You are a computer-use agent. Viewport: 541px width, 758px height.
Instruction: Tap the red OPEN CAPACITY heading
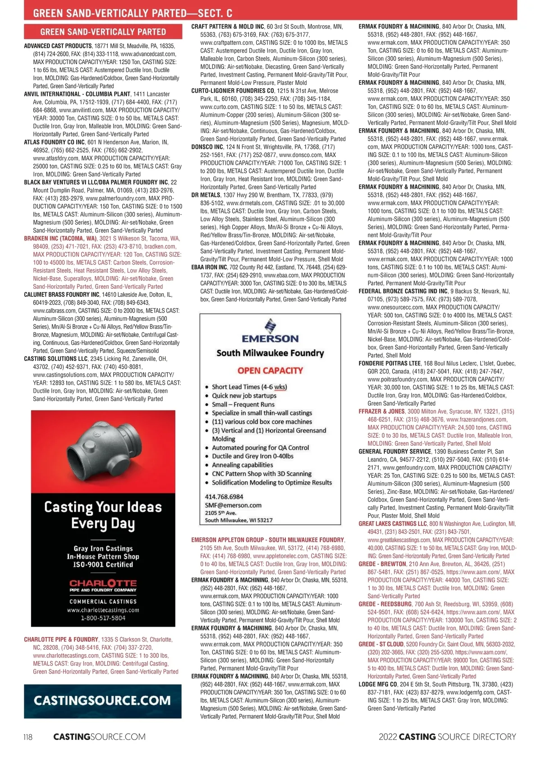(x=270, y=370)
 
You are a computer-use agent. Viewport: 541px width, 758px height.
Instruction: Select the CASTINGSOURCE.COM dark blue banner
(x=103, y=701)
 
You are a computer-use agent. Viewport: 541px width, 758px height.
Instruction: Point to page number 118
(x=28, y=737)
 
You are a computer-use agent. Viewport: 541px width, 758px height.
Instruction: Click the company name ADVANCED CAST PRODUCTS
(x=58, y=46)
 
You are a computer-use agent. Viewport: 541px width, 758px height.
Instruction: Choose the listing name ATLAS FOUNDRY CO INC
(x=55, y=142)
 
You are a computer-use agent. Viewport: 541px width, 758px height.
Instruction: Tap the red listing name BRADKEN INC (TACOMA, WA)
(x=60, y=239)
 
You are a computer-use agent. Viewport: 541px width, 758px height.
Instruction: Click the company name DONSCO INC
(x=207, y=147)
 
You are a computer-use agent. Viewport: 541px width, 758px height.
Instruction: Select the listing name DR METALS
(x=206, y=195)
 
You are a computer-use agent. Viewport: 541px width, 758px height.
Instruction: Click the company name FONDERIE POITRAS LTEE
(x=390, y=363)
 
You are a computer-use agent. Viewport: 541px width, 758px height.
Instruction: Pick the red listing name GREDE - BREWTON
(x=382, y=564)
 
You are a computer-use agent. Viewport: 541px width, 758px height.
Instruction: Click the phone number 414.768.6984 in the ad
(x=224, y=496)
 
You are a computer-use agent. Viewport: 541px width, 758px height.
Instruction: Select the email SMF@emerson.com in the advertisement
(x=233, y=505)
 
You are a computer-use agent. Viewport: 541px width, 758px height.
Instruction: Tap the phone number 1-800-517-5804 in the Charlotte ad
(x=103, y=618)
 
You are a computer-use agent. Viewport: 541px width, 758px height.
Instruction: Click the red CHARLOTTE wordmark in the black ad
(x=103, y=583)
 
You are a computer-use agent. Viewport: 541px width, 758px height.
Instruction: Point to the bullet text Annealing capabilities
(x=243, y=465)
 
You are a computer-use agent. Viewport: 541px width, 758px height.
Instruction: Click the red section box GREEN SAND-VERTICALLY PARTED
(x=103, y=32)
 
